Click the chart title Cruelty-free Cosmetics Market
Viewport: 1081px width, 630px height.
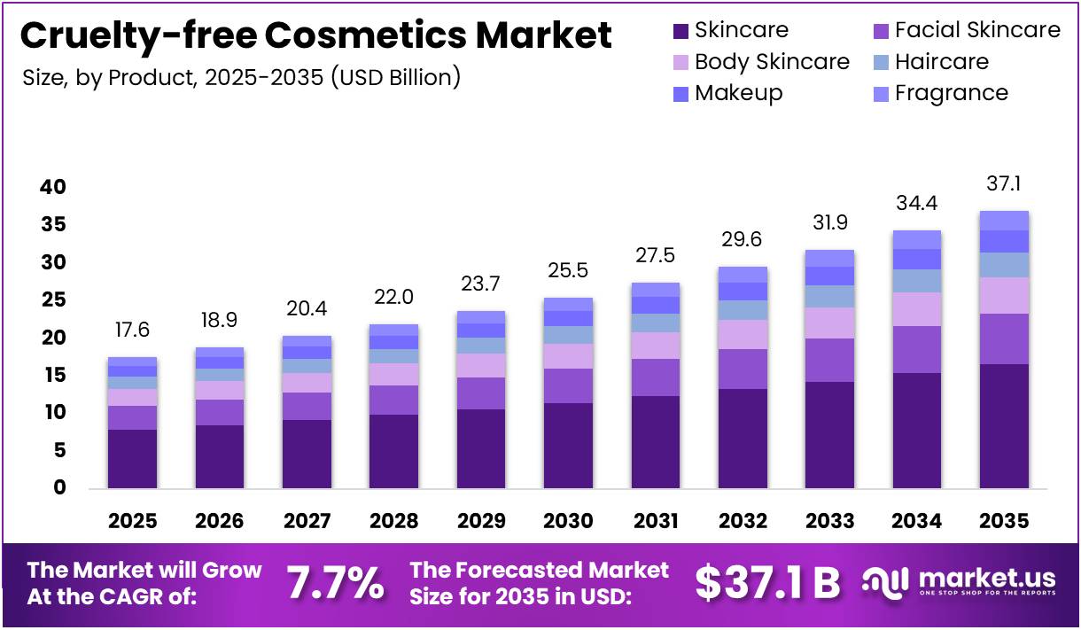315,36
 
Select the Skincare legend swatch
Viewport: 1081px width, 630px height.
680,31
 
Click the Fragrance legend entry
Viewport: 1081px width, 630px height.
951,93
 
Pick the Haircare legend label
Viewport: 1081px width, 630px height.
942,62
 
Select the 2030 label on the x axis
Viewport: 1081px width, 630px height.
568,521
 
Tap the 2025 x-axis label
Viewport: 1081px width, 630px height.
132,521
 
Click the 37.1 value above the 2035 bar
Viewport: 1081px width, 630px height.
1004,184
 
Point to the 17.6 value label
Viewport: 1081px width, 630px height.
132,330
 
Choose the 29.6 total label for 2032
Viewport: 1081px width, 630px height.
743,239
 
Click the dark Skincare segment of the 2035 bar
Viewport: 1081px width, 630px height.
1004,425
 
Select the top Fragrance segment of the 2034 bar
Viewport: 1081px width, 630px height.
917,239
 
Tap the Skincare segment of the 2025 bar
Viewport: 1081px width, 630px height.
132,458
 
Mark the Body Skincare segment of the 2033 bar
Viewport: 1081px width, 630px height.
829,323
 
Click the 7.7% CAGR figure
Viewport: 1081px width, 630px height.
336,582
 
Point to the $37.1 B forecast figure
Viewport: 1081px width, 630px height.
767,582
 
